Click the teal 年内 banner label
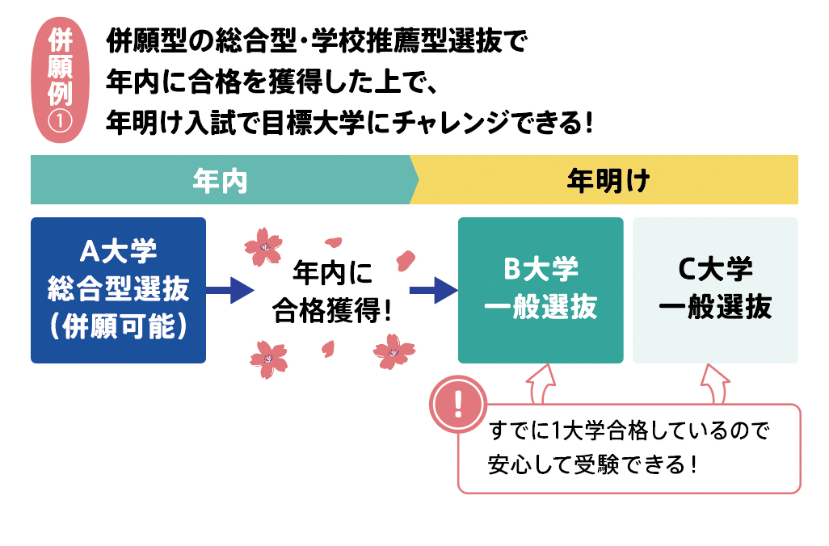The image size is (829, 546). [x=219, y=180]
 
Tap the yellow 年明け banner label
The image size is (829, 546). [x=608, y=180]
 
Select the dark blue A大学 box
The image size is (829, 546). [x=118, y=290]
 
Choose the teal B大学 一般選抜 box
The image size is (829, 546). [x=541, y=290]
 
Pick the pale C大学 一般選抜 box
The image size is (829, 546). [x=715, y=290]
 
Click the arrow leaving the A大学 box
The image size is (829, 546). [x=230, y=289]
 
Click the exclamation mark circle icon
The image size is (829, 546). [x=457, y=402]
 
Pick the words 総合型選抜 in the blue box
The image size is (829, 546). [x=118, y=289]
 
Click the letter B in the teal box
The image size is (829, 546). [x=511, y=269]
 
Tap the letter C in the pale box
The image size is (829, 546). [x=687, y=269]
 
